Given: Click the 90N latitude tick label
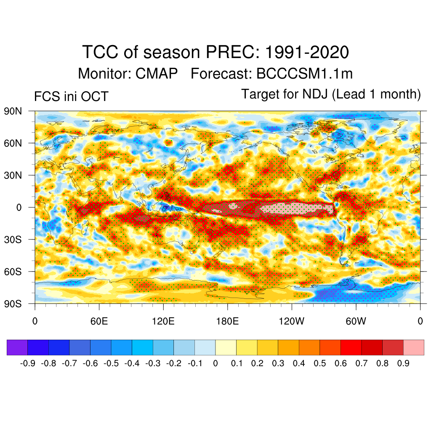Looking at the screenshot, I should coord(13,112).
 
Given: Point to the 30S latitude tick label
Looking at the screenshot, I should coord(13,239).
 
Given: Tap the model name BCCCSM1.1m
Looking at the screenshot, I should coord(304,74).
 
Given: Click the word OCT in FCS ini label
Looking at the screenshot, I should coord(94,97).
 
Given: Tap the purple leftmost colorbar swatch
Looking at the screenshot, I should coord(17,347).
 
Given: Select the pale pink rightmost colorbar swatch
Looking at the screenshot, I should coord(414,347).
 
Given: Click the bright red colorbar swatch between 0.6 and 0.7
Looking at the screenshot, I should coord(351,347).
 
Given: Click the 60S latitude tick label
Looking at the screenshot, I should coord(13,271).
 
